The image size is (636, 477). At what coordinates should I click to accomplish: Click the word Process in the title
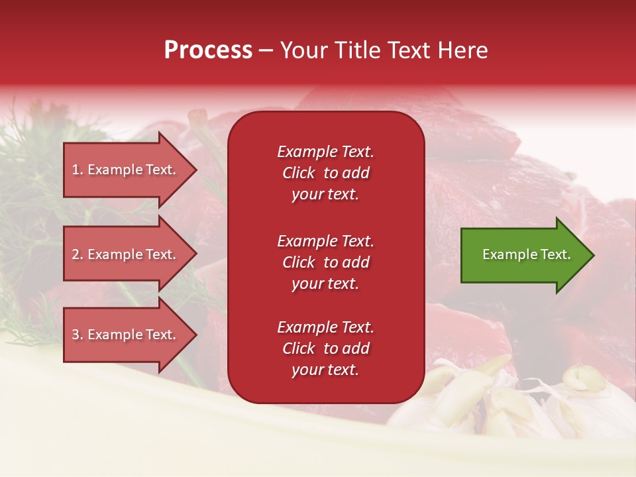[x=208, y=50]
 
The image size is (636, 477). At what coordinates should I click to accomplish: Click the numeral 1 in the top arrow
[x=76, y=170]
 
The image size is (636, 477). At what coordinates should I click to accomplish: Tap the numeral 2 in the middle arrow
[x=76, y=254]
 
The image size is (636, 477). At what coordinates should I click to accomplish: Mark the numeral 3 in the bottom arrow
[x=76, y=335]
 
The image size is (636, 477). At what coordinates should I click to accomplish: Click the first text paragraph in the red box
[x=325, y=173]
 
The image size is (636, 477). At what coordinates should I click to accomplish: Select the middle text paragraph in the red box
[x=325, y=262]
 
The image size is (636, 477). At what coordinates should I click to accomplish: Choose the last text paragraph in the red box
[x=325, y=348]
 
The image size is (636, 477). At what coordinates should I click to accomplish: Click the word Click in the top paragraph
[x=299, y=173]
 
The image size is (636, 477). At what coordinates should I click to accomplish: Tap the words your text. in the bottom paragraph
[x=325, y=370]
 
